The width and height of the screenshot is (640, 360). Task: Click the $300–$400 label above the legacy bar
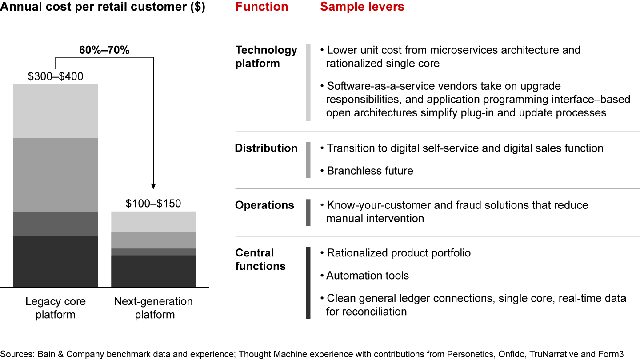[x=56, y=76]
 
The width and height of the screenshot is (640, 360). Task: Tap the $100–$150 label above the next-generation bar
[x=153, y=204]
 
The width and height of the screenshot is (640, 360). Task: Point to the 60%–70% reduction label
[x=104, y=50]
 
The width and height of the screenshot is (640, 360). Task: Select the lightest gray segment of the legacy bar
[x=56, y=111]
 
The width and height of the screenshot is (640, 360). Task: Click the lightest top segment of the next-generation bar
[x=153, y=221]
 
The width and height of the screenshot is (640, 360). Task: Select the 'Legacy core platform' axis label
[x=56, y=308]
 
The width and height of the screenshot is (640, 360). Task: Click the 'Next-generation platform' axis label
[x=153, y=308]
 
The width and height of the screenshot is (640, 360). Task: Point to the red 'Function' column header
[x=262, y=7]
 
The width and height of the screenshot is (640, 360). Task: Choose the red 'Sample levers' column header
[x=362, y=7]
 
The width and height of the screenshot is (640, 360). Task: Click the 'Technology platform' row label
[x=266, y=56]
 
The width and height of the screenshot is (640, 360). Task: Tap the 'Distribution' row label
[x=266, y=148]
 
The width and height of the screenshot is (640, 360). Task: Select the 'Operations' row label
[x=264, y=205]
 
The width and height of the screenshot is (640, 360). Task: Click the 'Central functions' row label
[x=260, y=260]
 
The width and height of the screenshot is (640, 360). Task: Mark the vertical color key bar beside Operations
[x=308, y=212]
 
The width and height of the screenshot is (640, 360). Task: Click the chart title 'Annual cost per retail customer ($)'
[x=103, y=7]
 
